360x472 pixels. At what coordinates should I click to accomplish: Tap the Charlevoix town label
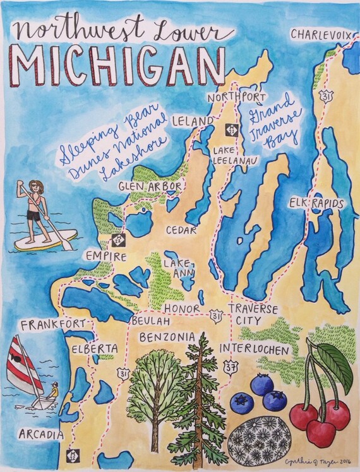point(319,33)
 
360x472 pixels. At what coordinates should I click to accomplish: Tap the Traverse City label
point(253,315)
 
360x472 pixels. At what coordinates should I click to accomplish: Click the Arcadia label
point(41,435)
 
